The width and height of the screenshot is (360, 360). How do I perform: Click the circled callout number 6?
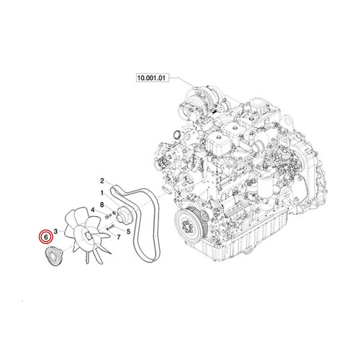(x=47, y=236)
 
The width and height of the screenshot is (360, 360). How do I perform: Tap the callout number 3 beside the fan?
(x=56, y=228)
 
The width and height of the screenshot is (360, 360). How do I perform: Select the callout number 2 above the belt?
(x=103, y=180)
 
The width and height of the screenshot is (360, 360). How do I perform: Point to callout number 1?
(x=102, y=194)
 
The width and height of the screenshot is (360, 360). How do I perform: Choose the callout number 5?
(x=127, y=231)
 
